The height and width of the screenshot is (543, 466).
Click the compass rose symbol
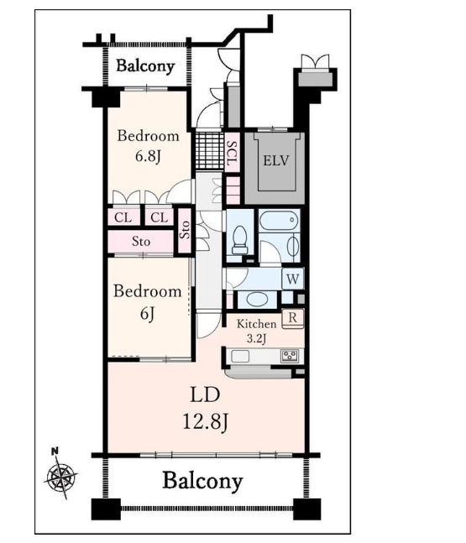click(x=61, y=478)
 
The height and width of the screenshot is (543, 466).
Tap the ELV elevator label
click(x=275, y=160)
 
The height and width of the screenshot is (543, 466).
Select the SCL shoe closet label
click(x=232, y=153)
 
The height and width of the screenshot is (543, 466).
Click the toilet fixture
click(x=239, y=240)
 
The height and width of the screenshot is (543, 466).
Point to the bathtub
click(x=279, y=220)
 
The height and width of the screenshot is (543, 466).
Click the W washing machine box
click(x=293, y=279)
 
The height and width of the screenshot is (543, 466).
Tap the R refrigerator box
click(x=293, y=318)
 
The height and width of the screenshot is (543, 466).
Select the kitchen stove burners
click(x=290, y=356)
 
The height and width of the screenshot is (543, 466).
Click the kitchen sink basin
click(x=240, y=356)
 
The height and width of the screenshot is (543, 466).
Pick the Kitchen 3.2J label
click(x=256, y=331)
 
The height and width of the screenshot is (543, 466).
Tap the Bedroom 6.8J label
click(x=149, y=146)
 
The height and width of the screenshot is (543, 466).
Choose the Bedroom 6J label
click(x=148, y=302)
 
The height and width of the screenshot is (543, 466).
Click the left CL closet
click(x=123, y=217)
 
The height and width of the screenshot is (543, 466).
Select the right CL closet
click(x=160, y=217)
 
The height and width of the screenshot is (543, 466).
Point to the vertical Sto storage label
click(x=185, y=229)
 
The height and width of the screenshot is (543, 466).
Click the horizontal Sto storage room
click(x=140, y=242)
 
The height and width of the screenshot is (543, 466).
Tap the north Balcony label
click(x=145, y=65)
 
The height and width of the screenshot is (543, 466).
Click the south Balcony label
click(x=202, y=481)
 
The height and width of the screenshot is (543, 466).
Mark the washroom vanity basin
click(x=256, y=300)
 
